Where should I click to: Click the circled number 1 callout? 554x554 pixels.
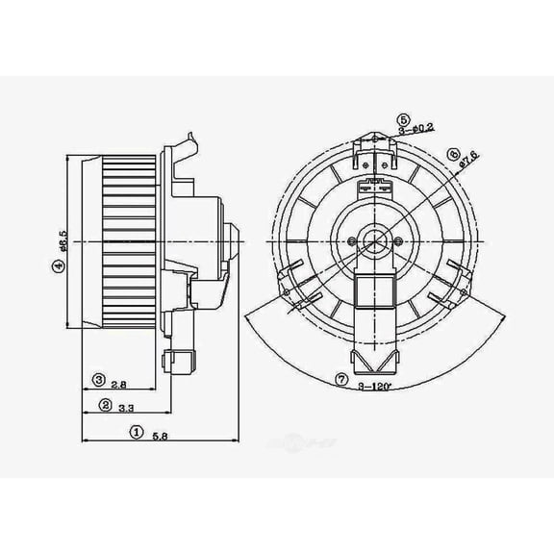point(137,434)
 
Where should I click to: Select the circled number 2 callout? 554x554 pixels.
point(105,407)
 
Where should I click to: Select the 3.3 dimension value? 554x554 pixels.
point(125,408)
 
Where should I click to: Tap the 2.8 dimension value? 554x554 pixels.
point(118,384)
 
